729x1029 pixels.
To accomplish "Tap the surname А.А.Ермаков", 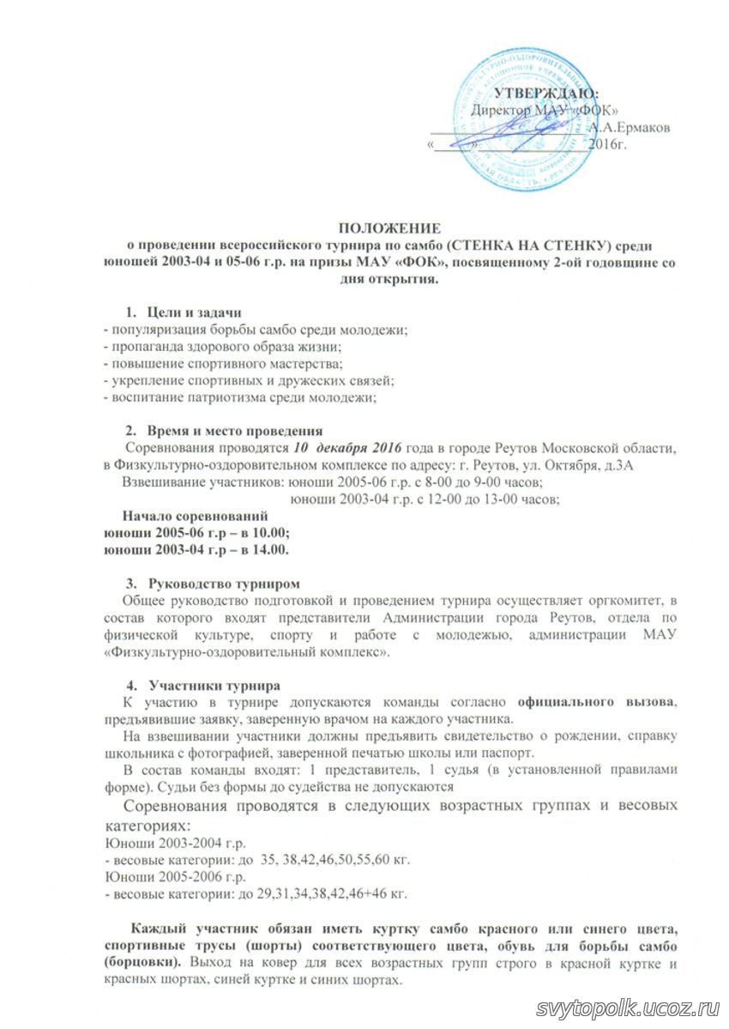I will pos(630,127).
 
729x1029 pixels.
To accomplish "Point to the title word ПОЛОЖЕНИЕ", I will pos(389,227).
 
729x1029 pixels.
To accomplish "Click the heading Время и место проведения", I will pos(234,431).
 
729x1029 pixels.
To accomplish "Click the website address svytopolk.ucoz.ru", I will pos(630,1007).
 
